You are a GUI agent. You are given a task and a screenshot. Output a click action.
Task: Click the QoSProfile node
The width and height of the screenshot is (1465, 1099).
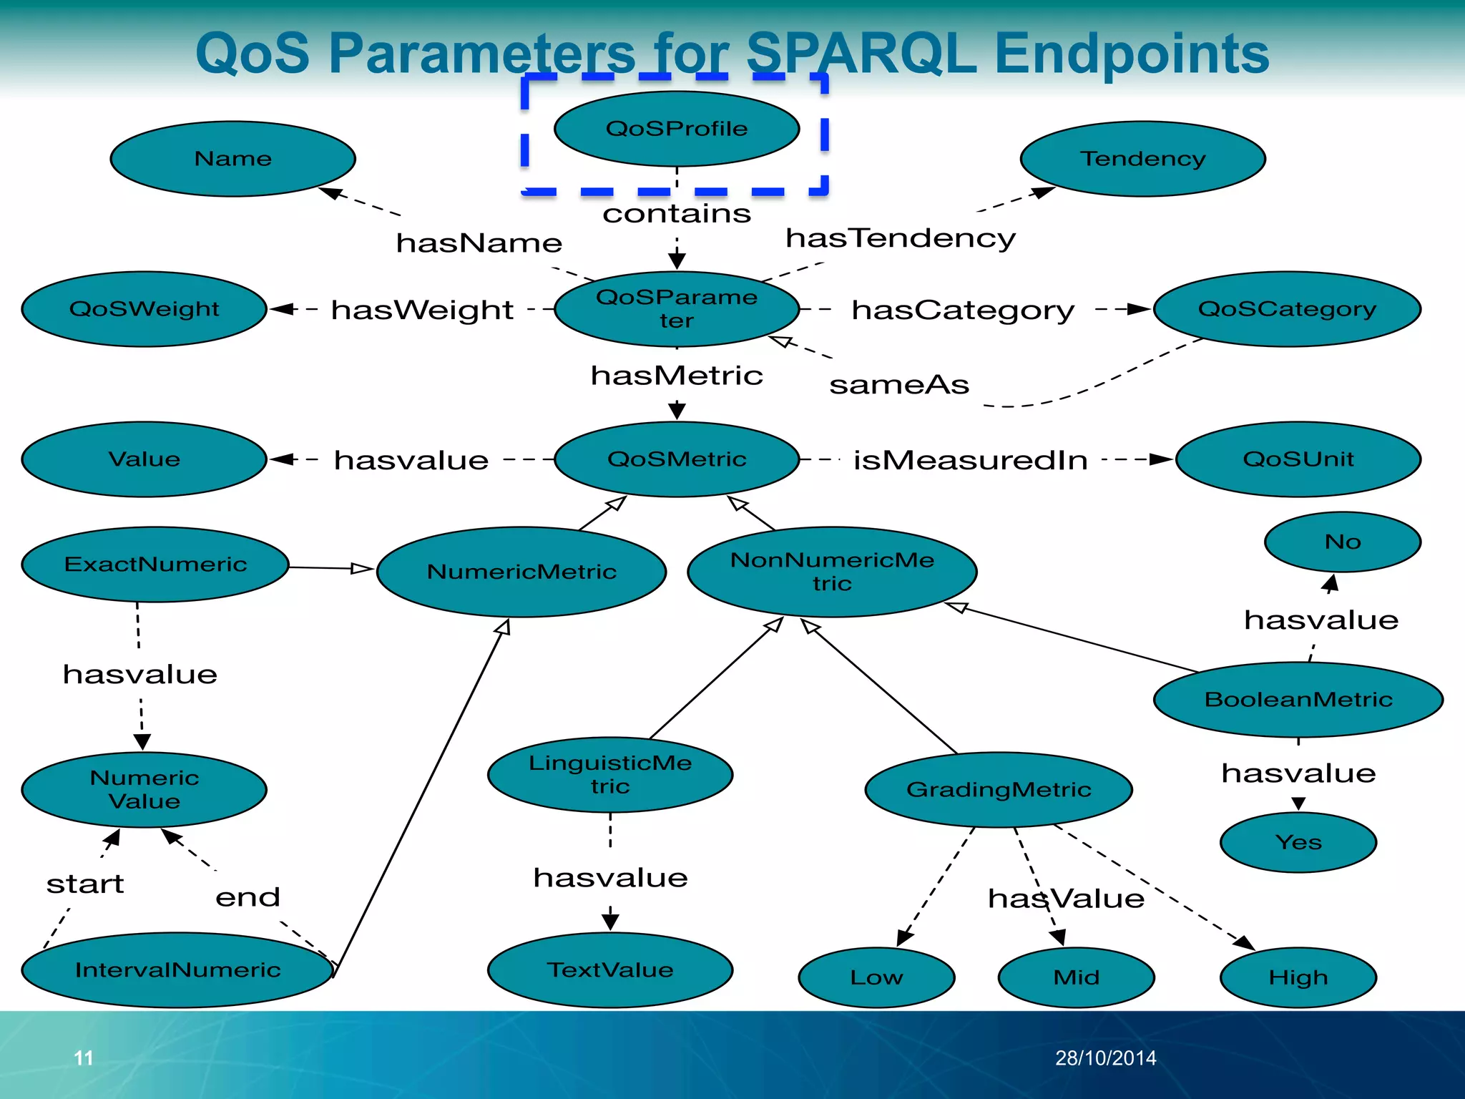coord(677,129)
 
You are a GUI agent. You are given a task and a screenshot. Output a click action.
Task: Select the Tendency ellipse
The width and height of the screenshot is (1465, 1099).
coord(1142,158)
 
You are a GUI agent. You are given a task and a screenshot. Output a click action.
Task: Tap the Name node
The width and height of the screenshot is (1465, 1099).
coord(233,158)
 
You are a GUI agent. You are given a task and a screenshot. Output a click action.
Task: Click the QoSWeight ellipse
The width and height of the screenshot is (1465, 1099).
coord(144,309)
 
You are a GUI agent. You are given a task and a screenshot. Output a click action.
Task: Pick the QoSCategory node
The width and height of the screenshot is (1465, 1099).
coord(1286,309)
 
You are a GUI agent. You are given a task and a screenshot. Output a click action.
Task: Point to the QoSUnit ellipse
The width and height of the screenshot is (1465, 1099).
coord(1298,459)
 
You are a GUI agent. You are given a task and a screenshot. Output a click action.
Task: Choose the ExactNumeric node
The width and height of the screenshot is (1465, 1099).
coord(155,565)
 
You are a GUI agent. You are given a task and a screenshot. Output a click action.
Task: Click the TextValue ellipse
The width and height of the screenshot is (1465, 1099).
coord(610,969)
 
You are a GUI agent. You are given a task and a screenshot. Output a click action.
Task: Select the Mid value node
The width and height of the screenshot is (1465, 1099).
coord(1076,977)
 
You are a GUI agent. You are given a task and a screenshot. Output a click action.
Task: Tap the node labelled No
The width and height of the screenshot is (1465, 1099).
coord(1342,542)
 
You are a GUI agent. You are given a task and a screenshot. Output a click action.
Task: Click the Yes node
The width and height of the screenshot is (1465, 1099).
coord(1298,842)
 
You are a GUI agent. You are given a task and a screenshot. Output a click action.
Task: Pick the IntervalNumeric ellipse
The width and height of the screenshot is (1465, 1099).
coord(177,969)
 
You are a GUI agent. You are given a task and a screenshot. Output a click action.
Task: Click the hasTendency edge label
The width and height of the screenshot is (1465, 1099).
coord(900,238)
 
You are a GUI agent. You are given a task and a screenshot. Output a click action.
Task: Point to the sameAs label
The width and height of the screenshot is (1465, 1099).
coord(899,385)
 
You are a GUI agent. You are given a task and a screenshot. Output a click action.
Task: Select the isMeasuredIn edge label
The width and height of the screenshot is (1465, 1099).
coord(970,460)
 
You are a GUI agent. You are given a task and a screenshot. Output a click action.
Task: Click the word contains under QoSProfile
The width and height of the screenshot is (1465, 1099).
coord(677,213)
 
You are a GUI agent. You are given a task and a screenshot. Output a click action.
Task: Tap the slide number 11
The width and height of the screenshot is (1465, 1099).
coord(84,1058)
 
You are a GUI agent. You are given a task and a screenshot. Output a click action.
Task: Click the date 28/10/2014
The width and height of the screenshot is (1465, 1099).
coord(1105,1058)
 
